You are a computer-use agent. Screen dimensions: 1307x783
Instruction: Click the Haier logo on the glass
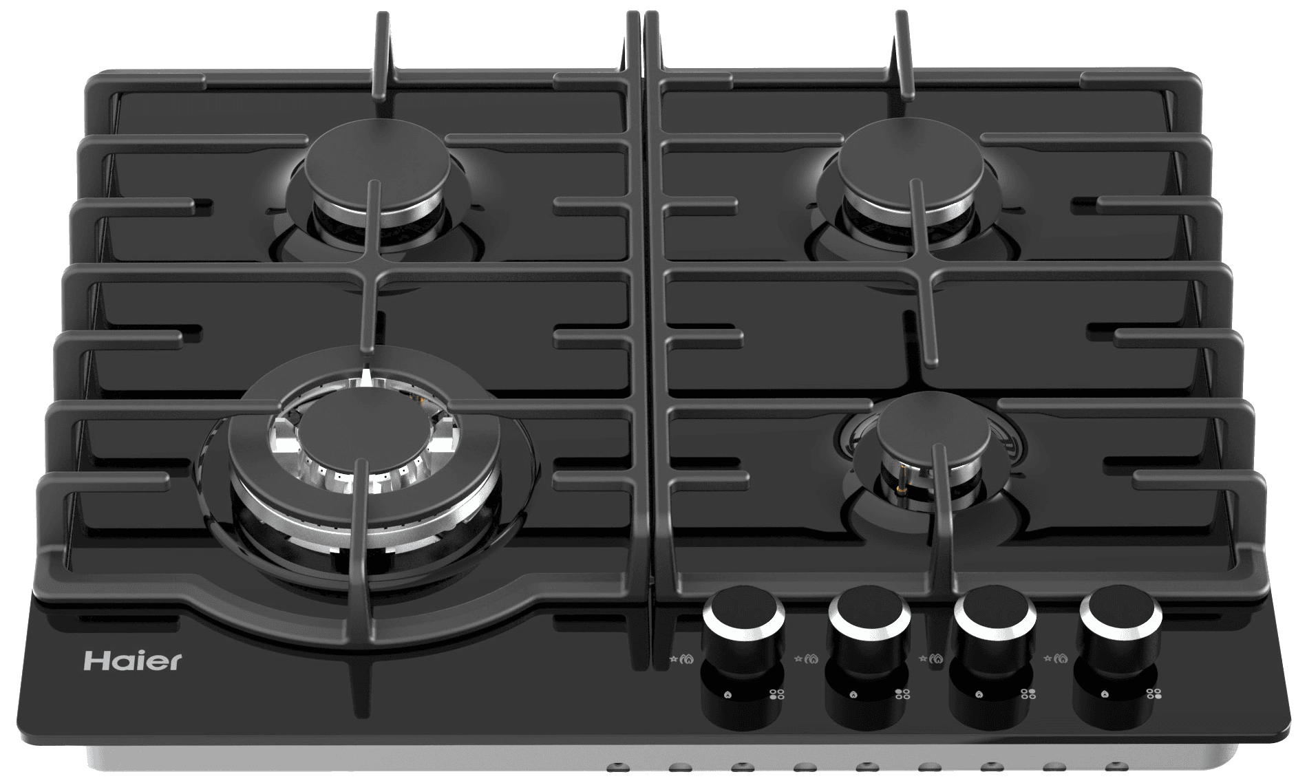(133, 661)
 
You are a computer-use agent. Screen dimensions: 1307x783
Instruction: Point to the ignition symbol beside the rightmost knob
(1056, 659)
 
